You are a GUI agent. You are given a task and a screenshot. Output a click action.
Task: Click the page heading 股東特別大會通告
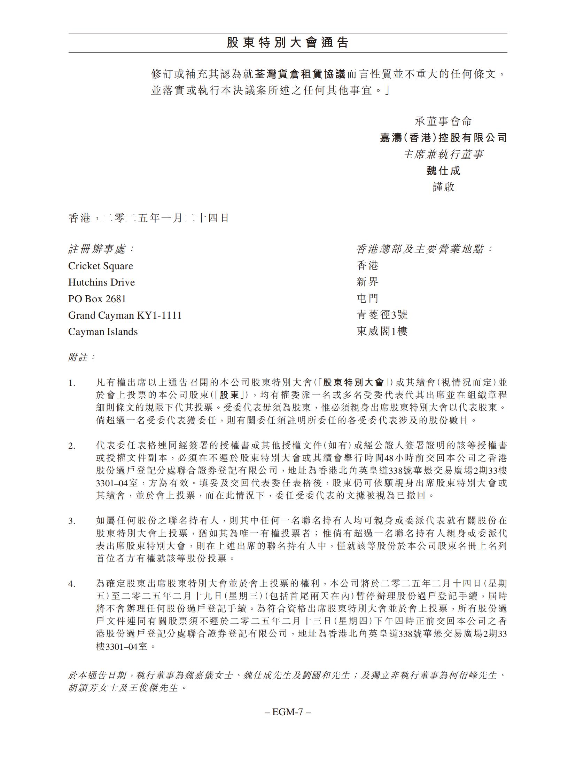click(x=288, y=43)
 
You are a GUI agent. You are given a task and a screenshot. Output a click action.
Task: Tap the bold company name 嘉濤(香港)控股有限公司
click(x=443, y=138)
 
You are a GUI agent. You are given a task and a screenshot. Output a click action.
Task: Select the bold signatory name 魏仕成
click(x=443, y=171)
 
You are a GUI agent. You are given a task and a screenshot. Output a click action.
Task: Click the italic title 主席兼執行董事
click(x=443, y=154)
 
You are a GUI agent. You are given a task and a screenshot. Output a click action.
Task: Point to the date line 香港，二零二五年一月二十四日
click(x=149, y=218)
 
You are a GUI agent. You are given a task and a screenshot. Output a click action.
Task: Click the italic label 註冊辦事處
click(x=101, y=249)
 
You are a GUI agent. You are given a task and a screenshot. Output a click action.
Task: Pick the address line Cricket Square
click(x=101, y=266)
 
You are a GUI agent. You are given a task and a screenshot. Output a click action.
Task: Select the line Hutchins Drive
click(x=101, y=282)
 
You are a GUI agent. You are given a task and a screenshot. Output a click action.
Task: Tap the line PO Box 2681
click(x=97, y=299)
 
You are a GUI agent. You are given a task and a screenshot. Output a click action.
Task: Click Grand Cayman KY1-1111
click(x=125, y=315)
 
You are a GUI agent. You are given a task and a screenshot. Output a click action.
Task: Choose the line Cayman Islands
click(x=103, y=332)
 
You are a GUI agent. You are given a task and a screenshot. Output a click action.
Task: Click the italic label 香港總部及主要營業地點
click(x=425, y=249)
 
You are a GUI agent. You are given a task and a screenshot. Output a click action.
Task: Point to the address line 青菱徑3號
click(x=382, y=315)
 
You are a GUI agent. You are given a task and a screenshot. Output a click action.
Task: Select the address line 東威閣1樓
click(x=382, y=331)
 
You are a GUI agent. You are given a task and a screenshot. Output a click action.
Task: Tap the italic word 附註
click(x=81, y=357)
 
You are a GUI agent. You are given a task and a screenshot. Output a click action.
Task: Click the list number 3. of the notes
click(x=72, y=521)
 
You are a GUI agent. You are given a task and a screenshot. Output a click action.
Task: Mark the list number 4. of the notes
click(x=72, y=584)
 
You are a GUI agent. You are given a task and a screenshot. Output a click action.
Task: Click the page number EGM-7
click(x=288, y=712)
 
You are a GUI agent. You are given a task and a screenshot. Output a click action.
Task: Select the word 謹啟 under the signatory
click(x=443, y=187)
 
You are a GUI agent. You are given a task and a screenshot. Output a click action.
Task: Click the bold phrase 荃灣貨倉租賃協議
click(x=299, y=74)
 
